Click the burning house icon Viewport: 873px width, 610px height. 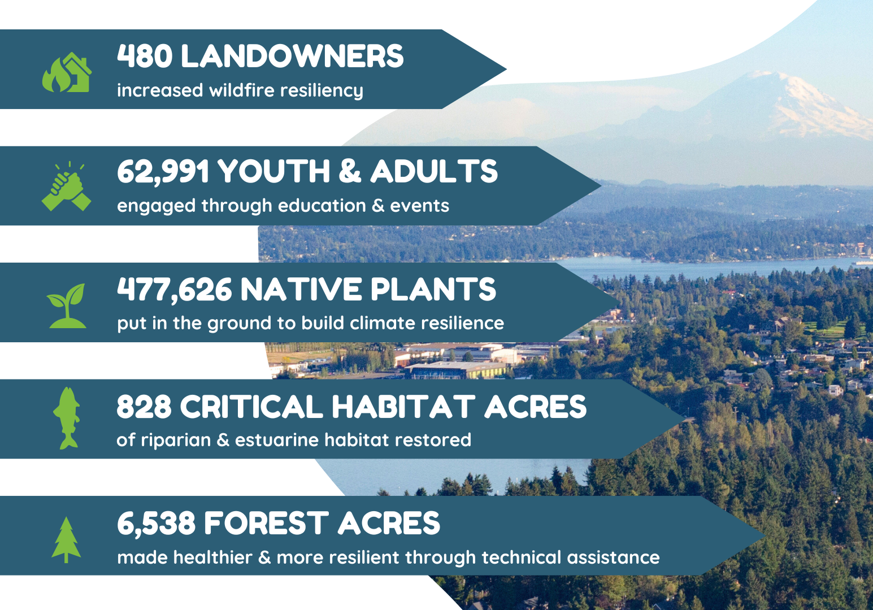click(x=67, y=72)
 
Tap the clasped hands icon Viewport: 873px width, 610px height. click(x=66, y=186)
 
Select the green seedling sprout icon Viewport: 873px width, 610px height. click(x=67, y=306)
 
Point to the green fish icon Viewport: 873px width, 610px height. click(x=67, y=418)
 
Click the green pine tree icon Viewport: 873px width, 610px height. click(x=66, y=540)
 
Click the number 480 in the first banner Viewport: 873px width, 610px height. click(x=145, y=56)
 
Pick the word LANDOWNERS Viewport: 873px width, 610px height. click(x=293, y=56)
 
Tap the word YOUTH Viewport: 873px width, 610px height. click(x=274, y=171)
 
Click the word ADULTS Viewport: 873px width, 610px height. click(x=434, y=171)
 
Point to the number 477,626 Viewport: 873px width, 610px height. click(x=175, y=290)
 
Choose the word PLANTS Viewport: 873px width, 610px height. click(x=433, y=289)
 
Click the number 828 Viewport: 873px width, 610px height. click(x=144, y=407)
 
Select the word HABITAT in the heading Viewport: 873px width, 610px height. click(x=403, y=407)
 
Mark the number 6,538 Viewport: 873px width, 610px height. click(x=156, y=524)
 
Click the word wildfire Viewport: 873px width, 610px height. click(x=242, y=90)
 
